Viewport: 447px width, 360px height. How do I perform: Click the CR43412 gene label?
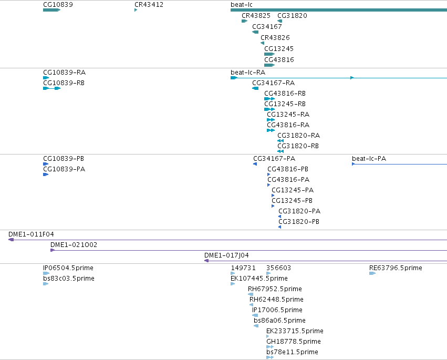149,5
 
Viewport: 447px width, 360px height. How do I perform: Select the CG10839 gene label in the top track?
58,5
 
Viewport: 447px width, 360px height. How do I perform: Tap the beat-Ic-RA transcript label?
248,73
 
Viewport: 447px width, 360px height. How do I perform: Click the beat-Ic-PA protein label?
369,159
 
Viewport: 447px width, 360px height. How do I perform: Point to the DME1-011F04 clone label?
31,234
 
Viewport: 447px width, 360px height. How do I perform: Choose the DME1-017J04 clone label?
226,255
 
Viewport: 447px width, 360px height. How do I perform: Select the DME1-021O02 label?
74,245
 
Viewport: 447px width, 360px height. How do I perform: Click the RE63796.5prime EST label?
396,268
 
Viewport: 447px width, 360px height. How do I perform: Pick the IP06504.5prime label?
68,268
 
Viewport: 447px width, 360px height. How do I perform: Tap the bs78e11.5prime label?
292,352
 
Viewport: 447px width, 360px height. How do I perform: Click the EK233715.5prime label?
295,331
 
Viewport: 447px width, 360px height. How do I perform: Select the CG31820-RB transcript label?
298,146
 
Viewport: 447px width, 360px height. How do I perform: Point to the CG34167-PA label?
274,159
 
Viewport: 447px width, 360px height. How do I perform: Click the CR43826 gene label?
275,38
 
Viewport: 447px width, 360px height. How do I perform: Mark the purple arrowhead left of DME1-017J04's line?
206,261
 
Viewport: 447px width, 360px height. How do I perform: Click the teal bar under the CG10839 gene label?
51,10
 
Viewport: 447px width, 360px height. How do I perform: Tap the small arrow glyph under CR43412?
136,10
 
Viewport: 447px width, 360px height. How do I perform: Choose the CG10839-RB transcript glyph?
51,88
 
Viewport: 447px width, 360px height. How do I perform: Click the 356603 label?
278,268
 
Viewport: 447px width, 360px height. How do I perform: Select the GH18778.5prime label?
293,342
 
